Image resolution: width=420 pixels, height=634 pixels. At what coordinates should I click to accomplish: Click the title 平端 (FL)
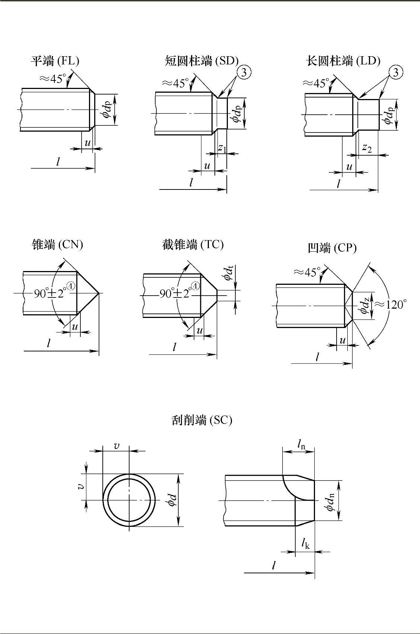click(55, 61)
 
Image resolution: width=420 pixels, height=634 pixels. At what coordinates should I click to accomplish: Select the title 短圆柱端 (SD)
click(201, 60)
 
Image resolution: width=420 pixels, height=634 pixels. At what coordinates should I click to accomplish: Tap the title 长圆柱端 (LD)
click(343, 60)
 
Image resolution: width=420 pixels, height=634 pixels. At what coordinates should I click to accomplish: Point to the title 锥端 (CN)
click(58, 245)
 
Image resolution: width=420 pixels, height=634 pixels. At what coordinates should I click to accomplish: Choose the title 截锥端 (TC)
click(193, 244)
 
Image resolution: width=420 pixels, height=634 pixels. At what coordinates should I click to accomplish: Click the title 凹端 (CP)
click(332, 248)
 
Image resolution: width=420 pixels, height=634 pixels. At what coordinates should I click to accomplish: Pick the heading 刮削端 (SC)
click(202, 420)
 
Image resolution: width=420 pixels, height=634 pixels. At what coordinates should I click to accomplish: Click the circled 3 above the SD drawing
click(244, 72)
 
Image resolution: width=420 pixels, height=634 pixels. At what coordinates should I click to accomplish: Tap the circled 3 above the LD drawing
click(396, 72)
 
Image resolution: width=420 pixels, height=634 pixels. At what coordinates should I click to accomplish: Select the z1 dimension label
click(222, 148)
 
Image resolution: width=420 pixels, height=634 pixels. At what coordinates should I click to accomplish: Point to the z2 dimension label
click(367, 148)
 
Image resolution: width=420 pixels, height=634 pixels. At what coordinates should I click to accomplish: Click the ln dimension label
click(301, 443)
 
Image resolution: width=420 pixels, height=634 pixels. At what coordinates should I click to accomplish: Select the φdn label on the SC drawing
click(330, 501)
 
